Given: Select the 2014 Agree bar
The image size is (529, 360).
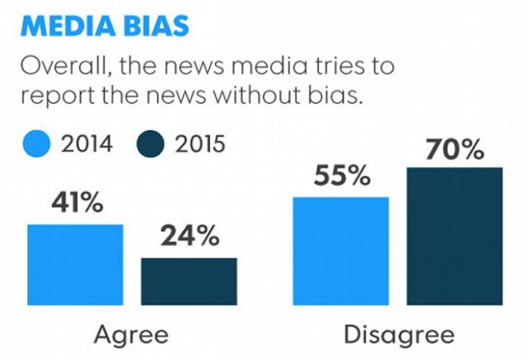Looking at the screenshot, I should pyautogui.click(x=75, y=264).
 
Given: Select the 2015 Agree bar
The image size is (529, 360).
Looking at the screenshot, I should pyautogui.click(x=189, y=281).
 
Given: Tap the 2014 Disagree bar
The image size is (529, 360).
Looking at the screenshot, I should pyautogui.click(x=340, y=251).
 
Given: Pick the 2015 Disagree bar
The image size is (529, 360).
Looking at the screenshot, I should pyautogui.click(x=454, y=235).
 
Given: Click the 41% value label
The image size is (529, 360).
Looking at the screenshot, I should pyautogui.click(x=76, y=206).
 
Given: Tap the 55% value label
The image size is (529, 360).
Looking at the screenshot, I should pyautogui.click(x=341, y=177).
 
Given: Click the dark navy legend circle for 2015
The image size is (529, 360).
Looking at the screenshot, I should pyautogui.click(x=149, y=142).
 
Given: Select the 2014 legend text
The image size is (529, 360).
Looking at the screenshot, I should pyautogui.click(x=86, y=142).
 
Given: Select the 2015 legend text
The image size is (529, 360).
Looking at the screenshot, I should pyautogui.click(x=200, y=142).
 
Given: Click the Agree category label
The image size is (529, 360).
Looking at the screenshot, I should pyautogui.click(x=131, y=334).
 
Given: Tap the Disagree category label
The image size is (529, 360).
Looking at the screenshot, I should pyautogui.click(x=398, y=334).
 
